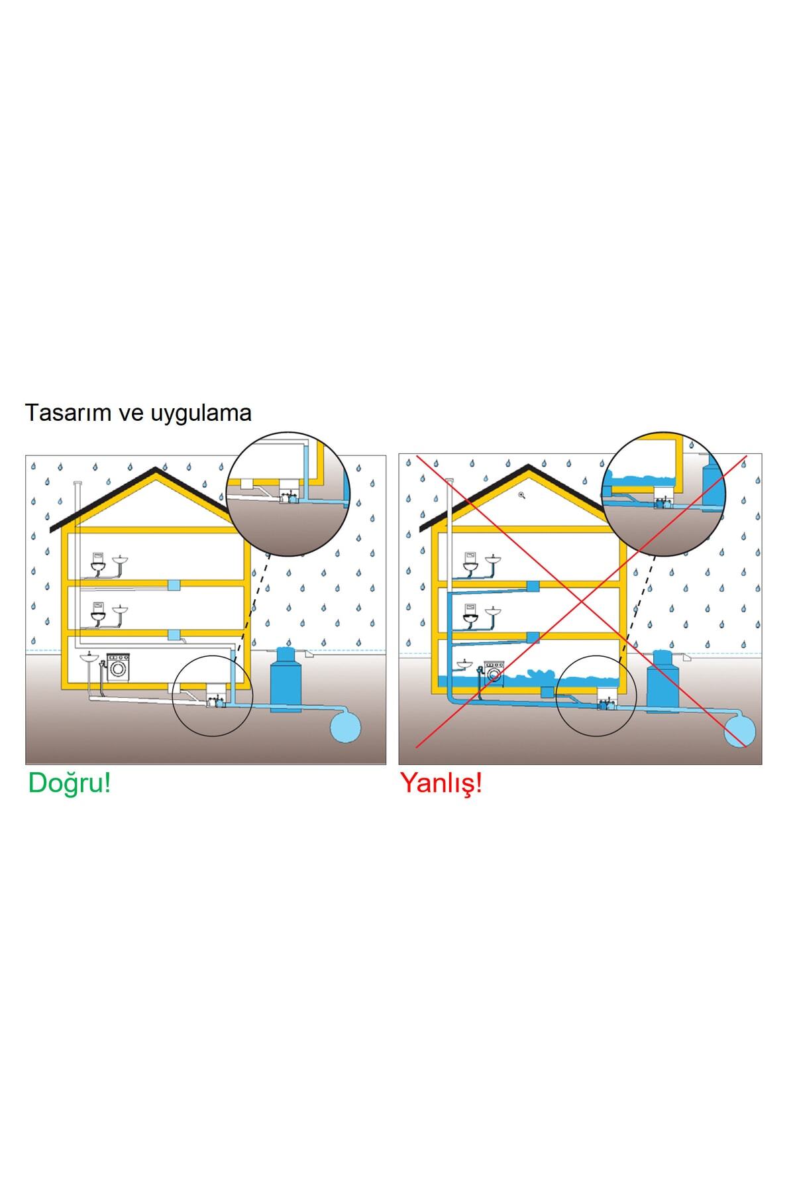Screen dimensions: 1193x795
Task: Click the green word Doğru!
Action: tap(69, 783)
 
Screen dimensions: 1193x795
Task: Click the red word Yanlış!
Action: tap(441, 783)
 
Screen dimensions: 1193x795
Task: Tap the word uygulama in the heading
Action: tap(201, 413)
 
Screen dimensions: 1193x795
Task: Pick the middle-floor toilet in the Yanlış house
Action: tap(470, 616)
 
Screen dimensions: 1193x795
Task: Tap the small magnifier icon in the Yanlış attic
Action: tap(522, 494)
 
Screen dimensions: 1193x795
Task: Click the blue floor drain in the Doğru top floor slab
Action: tap(174, 585)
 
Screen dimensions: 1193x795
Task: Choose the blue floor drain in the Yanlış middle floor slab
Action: tap(533, 637)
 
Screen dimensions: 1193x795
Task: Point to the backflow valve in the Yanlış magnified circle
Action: tap(661, 502)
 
